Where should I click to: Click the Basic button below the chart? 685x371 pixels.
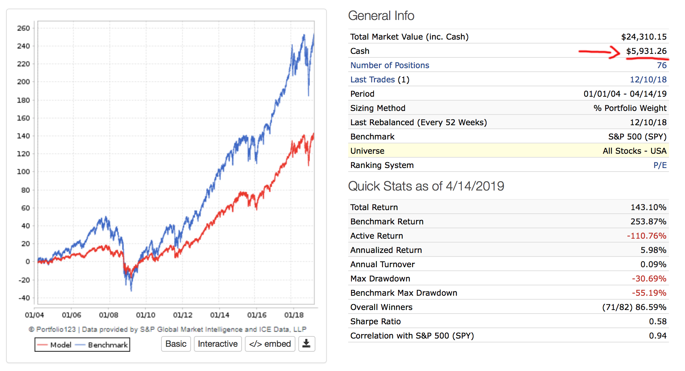click(176, 344)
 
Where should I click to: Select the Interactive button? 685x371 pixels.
click(218, 344)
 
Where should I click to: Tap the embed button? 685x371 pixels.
click(270, 344)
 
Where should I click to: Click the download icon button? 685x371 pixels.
click(307, 344)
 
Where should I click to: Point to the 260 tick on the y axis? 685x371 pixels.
click(24, 28)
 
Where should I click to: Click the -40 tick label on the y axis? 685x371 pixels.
click(24, 298)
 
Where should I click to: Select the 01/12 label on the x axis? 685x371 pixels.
click(182, 315)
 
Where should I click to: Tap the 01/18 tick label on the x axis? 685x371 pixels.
click(294, 315)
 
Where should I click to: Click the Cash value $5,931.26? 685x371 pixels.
click(646, 51)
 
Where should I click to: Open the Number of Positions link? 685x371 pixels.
click(390, 65)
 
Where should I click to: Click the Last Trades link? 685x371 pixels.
click(372, 80)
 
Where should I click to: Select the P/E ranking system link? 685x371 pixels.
click(660, 165)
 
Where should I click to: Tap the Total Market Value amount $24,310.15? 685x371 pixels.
click(644, 37)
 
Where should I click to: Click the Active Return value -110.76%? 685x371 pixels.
click(647, 236)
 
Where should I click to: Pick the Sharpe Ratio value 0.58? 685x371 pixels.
click(658, 321)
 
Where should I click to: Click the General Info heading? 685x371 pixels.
click(381, 16)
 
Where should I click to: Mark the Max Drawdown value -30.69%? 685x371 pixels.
click(649, 279)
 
